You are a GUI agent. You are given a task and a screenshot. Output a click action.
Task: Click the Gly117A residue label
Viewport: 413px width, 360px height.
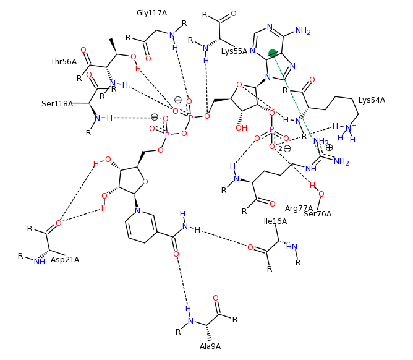(151, 13)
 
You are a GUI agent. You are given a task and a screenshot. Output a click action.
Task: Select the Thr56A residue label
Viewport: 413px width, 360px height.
(64, 62)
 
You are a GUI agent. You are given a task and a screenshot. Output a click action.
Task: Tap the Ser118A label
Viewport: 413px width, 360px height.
(57, 104)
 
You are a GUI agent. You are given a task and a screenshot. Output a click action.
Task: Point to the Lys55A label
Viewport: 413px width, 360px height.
(234, 51)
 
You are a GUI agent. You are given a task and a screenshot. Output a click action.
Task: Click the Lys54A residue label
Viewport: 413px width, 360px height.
(372, 100)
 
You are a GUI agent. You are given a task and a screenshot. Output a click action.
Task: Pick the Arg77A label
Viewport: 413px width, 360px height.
(298, 208)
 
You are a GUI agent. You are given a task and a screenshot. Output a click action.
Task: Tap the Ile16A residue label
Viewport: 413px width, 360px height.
(275, 221)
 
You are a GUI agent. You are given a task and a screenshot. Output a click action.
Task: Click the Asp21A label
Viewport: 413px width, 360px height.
(65, 260)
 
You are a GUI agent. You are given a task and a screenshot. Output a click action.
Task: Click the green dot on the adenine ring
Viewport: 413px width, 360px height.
(273, 54)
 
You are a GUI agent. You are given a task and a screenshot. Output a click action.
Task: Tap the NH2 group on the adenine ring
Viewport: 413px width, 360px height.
(303, 31)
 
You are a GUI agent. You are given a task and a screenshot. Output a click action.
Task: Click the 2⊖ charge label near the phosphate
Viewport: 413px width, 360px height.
(284, 148)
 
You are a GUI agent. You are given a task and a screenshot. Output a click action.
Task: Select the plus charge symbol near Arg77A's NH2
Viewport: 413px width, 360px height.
(329, 148)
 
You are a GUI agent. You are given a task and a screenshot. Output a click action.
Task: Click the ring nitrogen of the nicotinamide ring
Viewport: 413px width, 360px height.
(137, 211)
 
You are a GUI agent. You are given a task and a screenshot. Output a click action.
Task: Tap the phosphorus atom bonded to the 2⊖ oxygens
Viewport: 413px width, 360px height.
(271, 131)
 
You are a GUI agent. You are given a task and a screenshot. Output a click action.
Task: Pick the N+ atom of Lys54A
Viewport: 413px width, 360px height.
(349, 128)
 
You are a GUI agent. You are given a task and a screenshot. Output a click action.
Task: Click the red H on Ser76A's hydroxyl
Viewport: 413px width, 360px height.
(312, 186)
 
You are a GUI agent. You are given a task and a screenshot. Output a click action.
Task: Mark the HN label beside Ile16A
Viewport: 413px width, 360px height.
(292, 247)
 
